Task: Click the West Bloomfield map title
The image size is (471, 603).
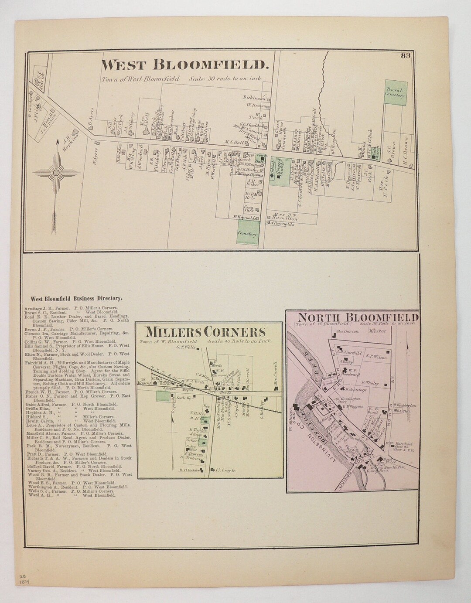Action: (x=184, y=65)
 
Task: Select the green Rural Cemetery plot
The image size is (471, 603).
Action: (x=396, y=93)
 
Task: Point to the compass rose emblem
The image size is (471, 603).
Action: (x=56, y=173)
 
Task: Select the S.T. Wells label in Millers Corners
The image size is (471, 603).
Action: (x=184, y=347)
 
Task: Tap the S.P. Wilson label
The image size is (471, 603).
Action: (x=377, y=356)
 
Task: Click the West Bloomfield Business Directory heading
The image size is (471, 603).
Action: (x=76, y=299)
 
